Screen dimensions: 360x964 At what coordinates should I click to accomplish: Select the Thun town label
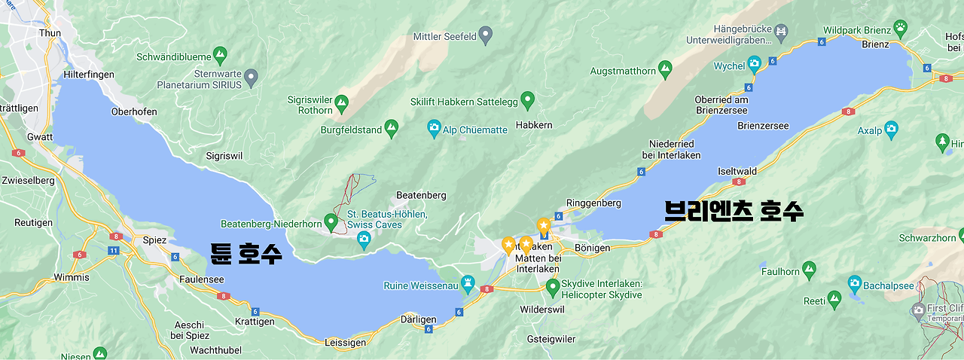pos(50,33)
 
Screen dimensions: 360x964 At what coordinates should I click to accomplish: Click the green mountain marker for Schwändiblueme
pos(220,55)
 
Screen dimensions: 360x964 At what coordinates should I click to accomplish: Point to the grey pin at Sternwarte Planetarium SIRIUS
pos(252,76)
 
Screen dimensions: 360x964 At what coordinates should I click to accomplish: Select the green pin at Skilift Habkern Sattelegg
pos(528,98)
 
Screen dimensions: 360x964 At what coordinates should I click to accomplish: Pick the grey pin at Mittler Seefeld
pos(487,33)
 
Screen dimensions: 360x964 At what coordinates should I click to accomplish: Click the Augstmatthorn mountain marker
pos(664,70)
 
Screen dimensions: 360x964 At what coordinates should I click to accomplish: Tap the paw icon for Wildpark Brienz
pos(900,29)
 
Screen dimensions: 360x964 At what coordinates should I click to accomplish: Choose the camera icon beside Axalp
pos(891,127)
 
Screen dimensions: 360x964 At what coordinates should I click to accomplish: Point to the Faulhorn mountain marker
pos(809,268)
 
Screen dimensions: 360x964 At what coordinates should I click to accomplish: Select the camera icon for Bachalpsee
pos(854,284)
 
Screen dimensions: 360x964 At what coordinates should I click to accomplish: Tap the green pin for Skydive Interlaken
pos(553,286)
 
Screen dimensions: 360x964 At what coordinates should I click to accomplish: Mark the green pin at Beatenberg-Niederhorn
pos(330,221)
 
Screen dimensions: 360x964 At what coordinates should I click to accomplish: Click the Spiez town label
pos(154,240)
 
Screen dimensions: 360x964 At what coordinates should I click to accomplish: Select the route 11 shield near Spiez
pos(113,250)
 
